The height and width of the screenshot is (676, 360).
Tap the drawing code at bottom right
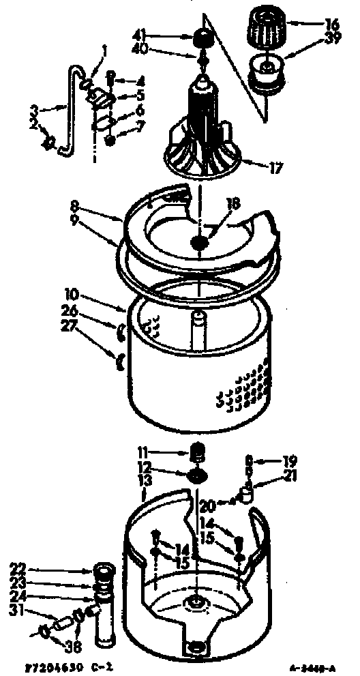coord(319,664)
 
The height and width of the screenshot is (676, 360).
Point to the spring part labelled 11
coord(198,452)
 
